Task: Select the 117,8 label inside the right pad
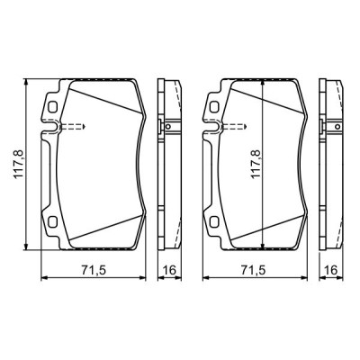253,165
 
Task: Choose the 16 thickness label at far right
332,271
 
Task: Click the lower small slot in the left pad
52,223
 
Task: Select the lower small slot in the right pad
216,223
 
